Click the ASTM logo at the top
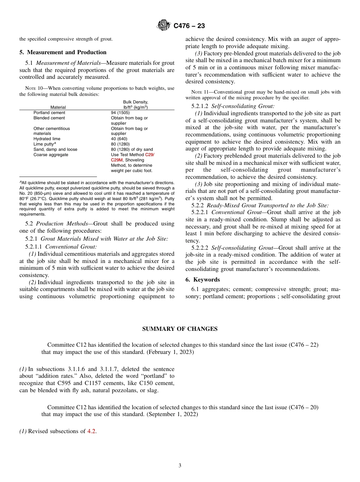[x=164, y=26]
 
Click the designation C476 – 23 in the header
[x=189, y=26]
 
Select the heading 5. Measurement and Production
[x=63, y=52]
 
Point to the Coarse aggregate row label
[x=51, y=155]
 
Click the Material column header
[x=58, y=107]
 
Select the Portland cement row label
[x=49, y=113]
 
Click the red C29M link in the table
[x=117, y=160]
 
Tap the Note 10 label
[x=33, y=88]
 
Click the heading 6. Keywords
[x=202, y=280]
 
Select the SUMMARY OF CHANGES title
[x=180, y=329]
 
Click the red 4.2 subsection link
[x=91, y=431]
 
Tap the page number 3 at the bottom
[x=180, y=465]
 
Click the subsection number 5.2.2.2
[x=200, y=248]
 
